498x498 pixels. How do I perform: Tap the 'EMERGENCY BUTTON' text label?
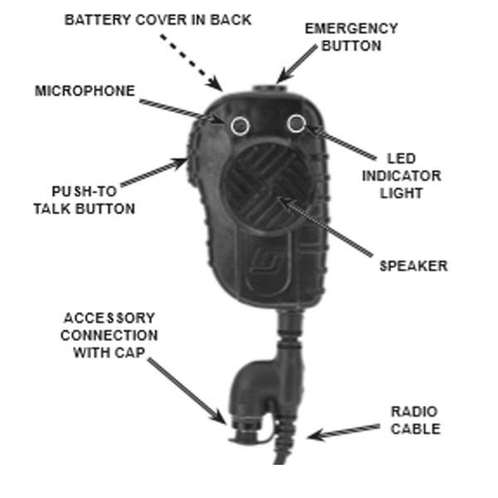pyautogui.click(x=351, y=37)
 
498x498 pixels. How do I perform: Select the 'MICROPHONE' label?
pyautogui.click(x=84, y=91)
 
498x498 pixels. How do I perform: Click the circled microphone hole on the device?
pyautogui.click(x=240, y=125)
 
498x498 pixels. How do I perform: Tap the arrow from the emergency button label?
pyautogui.click(x=296, y=64)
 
